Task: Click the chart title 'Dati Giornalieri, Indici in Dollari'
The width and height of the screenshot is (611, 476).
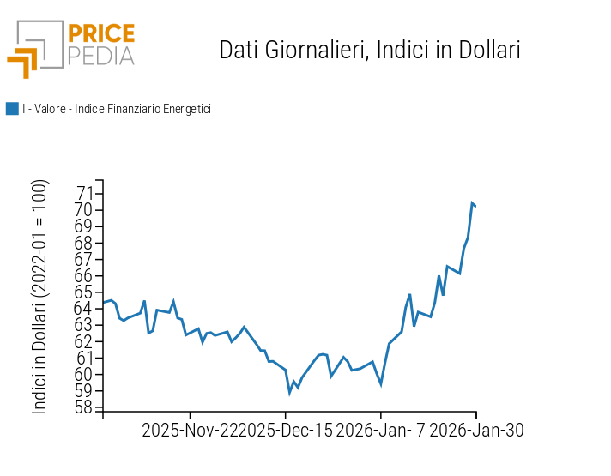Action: (370, 50)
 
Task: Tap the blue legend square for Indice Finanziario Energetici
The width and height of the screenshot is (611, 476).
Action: (12, 109)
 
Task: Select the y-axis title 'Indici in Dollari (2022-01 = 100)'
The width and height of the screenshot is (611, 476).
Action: (40, 297)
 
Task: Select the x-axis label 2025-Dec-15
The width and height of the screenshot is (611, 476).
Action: (285, 430)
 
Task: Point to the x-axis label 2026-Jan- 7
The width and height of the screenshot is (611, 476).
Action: (380, 430)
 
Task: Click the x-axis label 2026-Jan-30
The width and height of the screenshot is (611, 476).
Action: (476, 430)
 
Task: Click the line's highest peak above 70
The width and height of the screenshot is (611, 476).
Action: (472, 202)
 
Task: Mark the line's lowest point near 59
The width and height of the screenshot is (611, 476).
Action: (290, 393)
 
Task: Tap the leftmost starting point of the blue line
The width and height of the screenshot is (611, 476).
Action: (103, 302)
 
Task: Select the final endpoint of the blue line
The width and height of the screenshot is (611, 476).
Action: (476, 206)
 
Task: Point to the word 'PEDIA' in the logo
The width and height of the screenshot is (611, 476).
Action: (101, 57)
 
